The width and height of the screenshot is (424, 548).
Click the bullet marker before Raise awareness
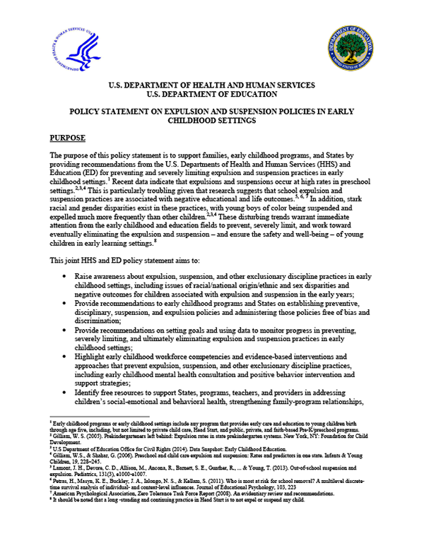click(65, 278)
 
